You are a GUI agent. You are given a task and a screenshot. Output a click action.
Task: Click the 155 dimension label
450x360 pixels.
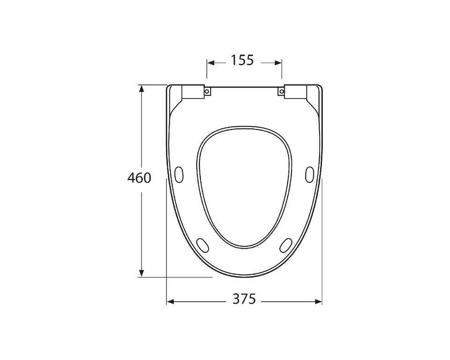tap(242, 60)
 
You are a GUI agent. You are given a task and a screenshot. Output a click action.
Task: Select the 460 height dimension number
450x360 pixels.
tap(139, 178)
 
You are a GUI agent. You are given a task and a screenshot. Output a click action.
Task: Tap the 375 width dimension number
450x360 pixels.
tap(244, 299)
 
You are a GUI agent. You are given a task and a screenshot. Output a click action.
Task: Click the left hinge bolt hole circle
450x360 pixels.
tap(207, 91)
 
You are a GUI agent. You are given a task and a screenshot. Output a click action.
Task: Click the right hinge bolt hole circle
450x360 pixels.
tap(282, 91)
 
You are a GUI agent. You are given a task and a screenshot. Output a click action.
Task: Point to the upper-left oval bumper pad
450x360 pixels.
tap(179, 174)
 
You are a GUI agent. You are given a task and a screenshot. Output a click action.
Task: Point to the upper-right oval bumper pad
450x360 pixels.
tap(309, 174)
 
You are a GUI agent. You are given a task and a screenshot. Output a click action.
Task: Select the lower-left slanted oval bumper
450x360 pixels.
tap(202, 246)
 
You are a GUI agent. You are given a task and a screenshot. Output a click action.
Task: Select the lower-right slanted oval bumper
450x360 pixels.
tap(286, 246)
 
